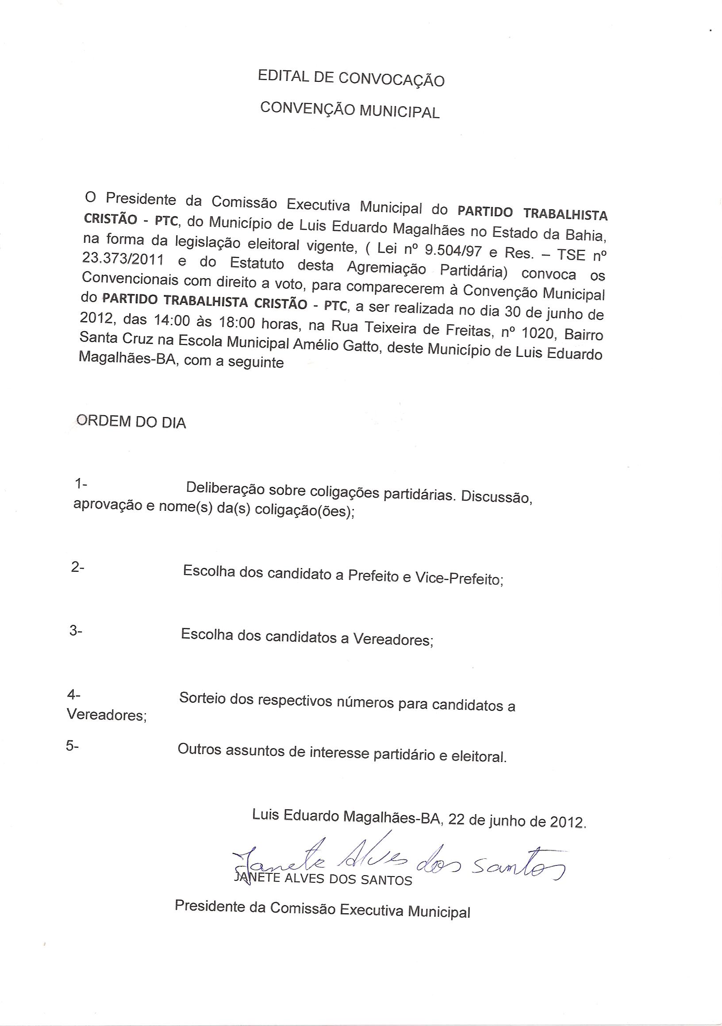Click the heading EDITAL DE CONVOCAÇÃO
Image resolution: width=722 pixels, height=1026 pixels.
click(351, 79)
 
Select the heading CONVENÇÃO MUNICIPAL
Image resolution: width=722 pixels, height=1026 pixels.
click(350, 110)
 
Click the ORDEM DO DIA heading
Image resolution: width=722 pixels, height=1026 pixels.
click(131, 421)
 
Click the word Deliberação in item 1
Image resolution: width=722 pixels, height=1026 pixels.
click(225, 488)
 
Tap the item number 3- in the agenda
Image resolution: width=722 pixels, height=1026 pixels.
click(76, 631)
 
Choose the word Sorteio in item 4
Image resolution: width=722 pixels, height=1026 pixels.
click(202, 697)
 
